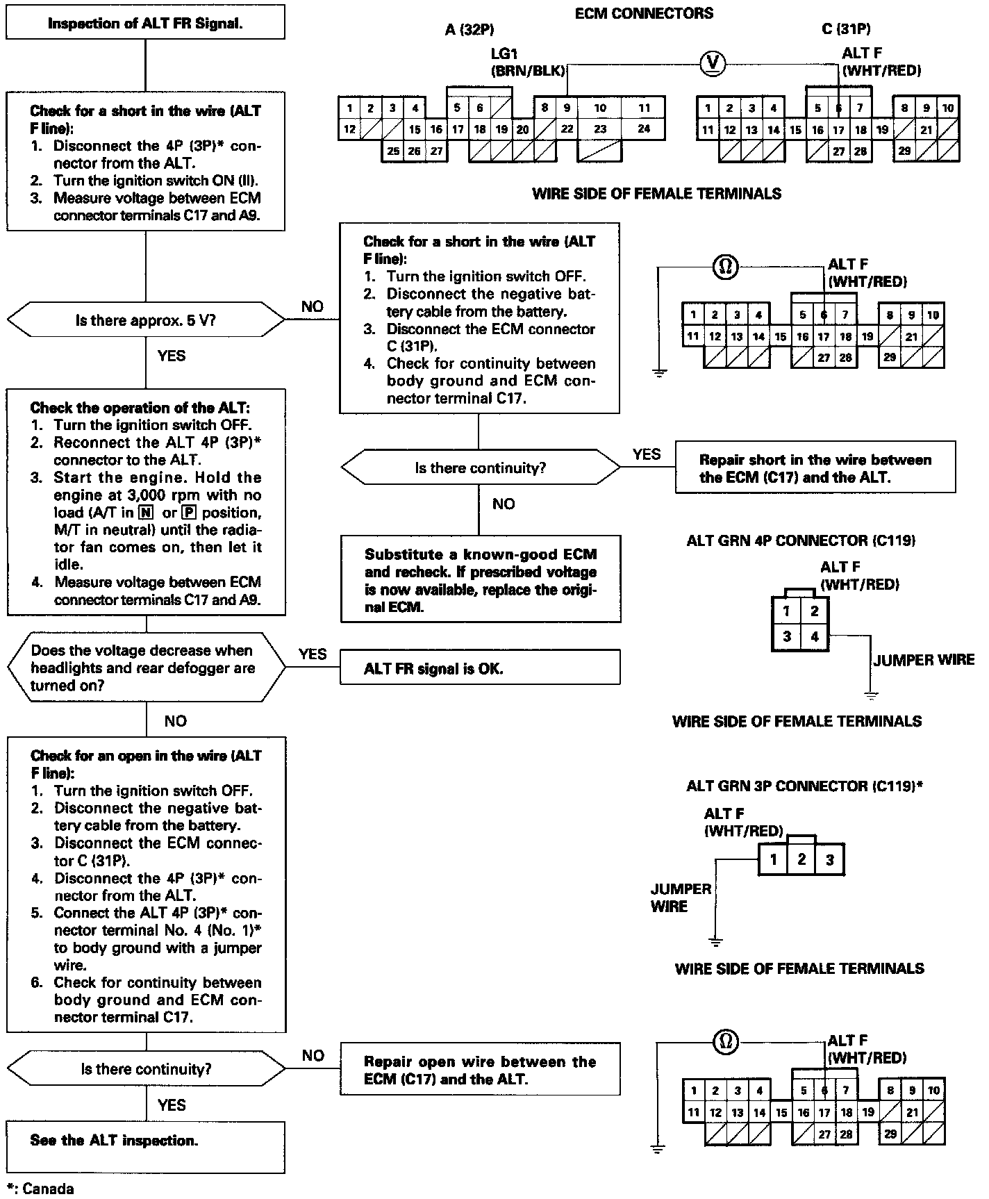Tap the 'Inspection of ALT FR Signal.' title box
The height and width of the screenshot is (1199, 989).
click(145, 24)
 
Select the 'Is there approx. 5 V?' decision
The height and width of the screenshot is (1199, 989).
click(145, 320)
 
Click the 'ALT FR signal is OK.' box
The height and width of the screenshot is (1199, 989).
click(479, 668)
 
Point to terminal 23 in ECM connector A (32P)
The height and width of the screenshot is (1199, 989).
click(601, 129)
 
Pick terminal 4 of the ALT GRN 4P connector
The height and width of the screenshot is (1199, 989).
click(814, 636)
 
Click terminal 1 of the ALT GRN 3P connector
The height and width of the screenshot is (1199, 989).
click(773, 860)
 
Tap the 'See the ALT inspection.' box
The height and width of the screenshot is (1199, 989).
click(145, 1141)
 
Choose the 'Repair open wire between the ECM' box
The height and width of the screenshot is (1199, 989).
click(479, 1070)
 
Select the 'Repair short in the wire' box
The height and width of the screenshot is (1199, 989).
click(815, 468)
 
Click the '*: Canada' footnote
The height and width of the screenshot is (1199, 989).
click(40, 1189)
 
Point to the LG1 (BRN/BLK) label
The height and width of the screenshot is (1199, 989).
click(528, 63)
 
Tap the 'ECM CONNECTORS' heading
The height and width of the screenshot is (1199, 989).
click(644, 13)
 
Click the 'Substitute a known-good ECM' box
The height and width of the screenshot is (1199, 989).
click(480, 580)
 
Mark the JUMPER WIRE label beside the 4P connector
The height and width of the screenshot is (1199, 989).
click(923, 660)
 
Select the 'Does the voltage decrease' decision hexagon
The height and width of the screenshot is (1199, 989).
click(145, 668)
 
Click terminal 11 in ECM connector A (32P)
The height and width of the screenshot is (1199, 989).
click(645, 108)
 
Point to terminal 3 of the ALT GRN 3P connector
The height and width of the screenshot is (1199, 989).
click(829, 860)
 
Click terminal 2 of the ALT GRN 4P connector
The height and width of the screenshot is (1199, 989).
click(814, 611)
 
